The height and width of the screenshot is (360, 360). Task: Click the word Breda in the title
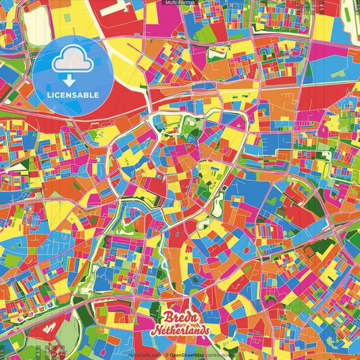pos(180,317)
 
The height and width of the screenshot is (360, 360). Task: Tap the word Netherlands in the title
pos(180,331)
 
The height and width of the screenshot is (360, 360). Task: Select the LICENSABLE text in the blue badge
pos(74,95)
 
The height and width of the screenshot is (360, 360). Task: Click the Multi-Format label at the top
pos(180,3)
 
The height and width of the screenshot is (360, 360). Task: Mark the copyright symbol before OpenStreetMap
pos(166,354)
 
